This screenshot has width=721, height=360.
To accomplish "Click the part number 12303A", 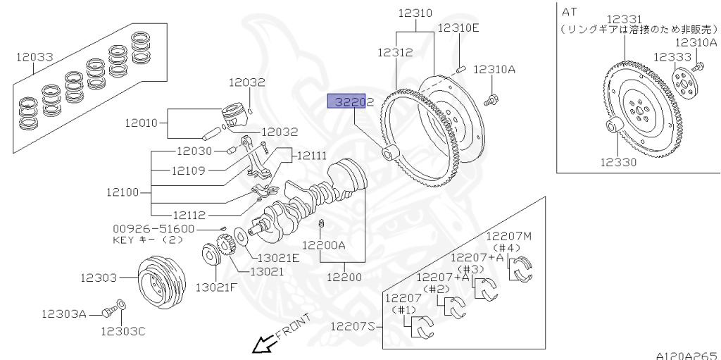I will pos(63,314).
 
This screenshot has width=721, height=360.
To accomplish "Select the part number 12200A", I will pos(325,245).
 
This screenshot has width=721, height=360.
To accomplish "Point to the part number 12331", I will pos(625,18).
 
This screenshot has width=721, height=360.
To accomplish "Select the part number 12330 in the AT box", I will pos(618,162).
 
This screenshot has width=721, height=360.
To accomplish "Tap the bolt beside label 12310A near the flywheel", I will pos(492,99).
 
